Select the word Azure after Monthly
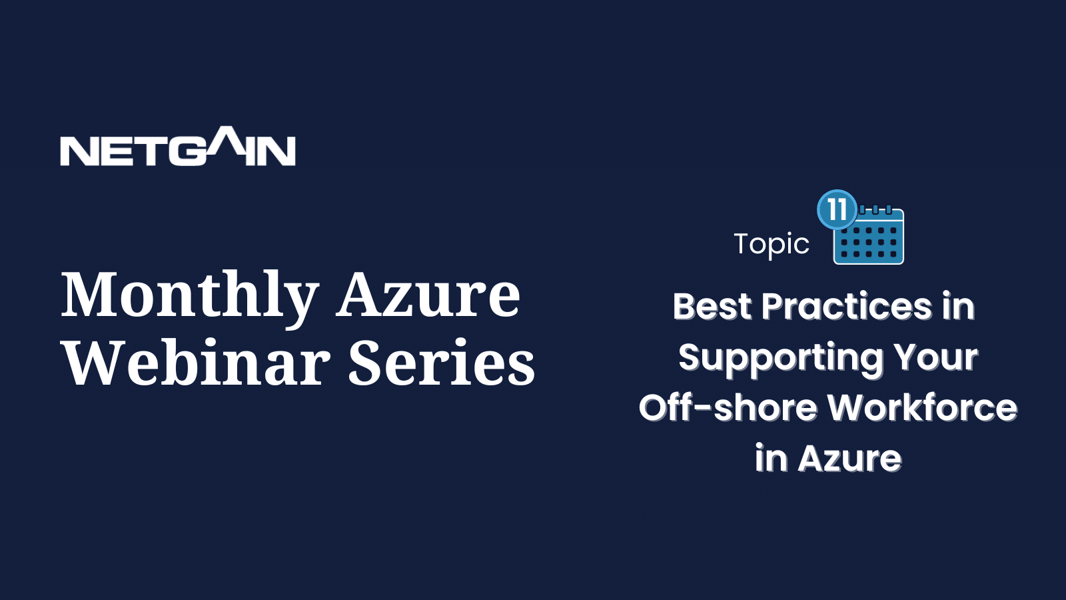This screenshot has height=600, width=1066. click(428, 294)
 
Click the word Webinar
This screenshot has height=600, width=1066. click(197, 362)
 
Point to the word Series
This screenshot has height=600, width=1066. click(442, 363)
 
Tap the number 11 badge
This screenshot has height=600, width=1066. click(837, 209)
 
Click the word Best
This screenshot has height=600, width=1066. click(712, 306)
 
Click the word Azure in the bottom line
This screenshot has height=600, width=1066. click(849, 459)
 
